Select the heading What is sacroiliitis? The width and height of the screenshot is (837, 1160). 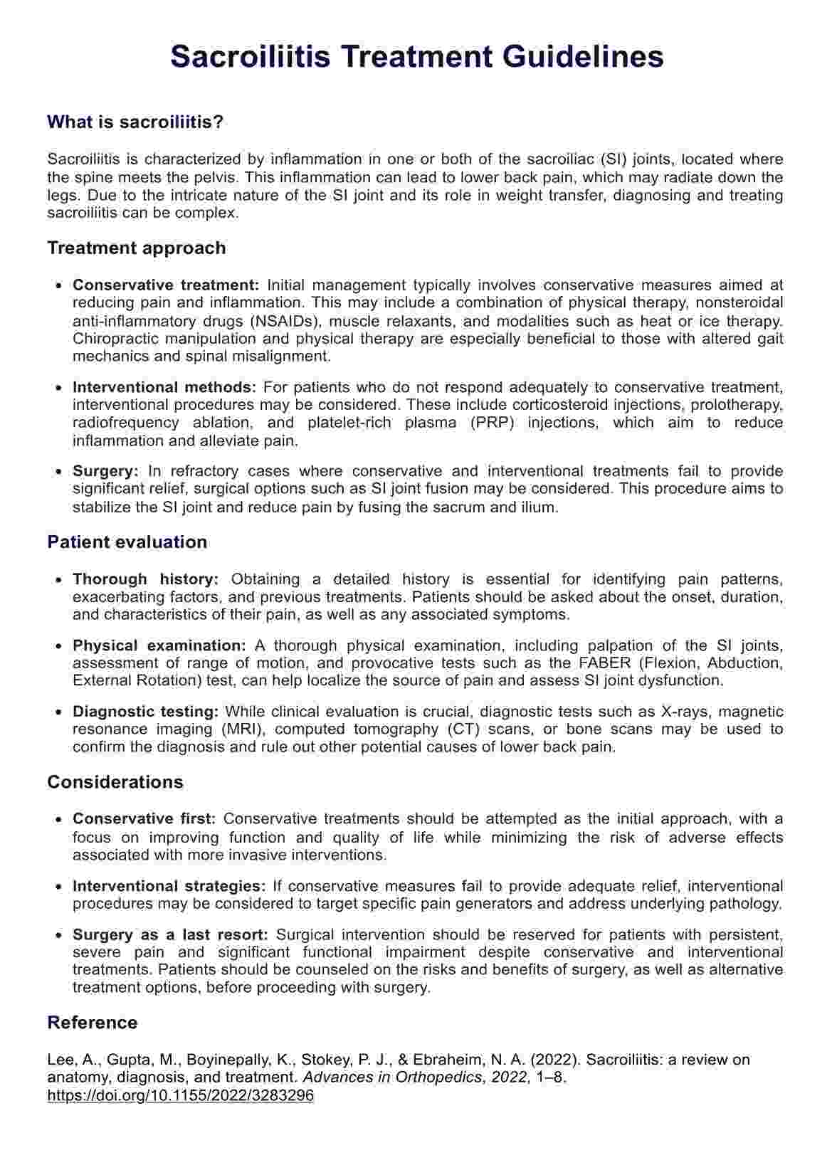tap(135, 122)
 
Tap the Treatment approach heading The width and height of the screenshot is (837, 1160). tap(136, 248)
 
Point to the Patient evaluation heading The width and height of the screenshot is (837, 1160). tap(127, 542)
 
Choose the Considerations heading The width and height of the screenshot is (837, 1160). tap(115, 782)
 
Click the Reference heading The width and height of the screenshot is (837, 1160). tap(92, 1023)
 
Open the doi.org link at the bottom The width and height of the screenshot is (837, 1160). tap(180, 1095)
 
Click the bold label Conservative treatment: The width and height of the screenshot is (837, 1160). tap(166, 285)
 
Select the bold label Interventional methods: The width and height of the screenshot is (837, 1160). tap(164, 388)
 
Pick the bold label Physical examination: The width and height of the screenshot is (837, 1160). tap(159, 646)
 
